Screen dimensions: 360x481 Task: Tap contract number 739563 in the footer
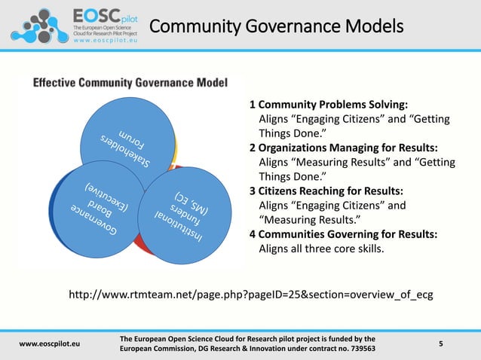[x=354, y=350]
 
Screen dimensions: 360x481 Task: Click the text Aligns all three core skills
[x=321, y=248]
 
